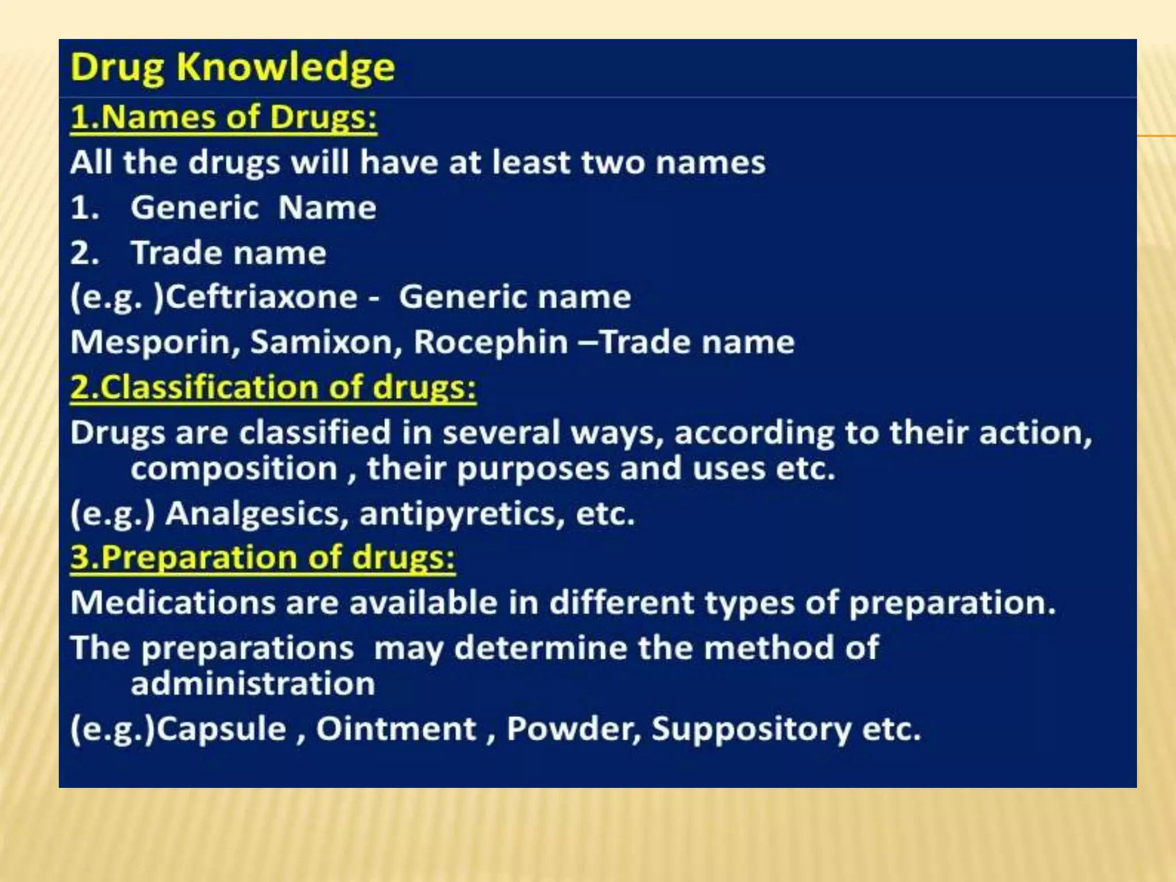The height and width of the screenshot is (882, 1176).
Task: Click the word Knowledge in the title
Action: click(285, 68)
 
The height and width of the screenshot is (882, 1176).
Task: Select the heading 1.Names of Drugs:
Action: click(223, 117)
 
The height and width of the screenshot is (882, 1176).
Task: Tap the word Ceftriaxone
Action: click(261, 297)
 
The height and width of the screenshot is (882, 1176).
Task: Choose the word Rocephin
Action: click(491, 342)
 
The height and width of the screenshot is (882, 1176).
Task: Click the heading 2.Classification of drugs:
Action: click(273, 388)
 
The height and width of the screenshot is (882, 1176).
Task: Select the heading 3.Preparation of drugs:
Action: click(262, 558)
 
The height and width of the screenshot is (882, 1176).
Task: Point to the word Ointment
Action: click(396, 729)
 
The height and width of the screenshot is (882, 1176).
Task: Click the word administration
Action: click(253, 684)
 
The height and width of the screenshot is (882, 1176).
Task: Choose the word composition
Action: click(234, 469)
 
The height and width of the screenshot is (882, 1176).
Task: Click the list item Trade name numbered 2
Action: click(229, 253)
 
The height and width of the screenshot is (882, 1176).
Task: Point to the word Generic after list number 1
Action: click(195, 207)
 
